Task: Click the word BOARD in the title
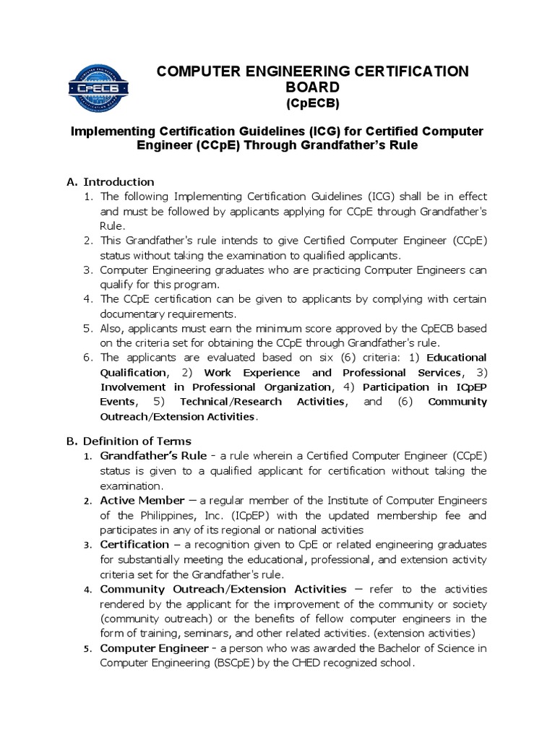314,87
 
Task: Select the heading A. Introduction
111,181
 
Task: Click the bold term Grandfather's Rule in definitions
153,456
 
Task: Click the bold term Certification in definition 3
134,543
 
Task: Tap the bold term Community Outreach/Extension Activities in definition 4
223,589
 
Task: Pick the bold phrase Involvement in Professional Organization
200,387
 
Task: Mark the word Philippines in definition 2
160,515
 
